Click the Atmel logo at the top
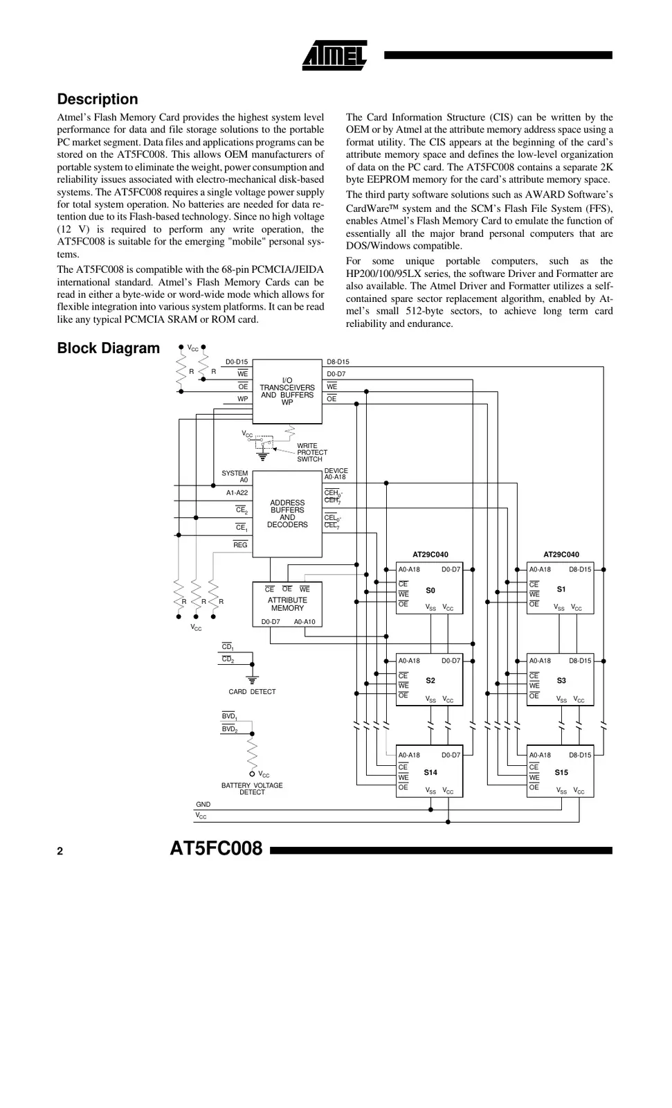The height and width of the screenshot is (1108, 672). click(x=334, y=55)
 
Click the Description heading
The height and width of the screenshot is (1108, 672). click(x=97, y=99)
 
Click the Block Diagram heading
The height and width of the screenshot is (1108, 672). click(x=108, y=348)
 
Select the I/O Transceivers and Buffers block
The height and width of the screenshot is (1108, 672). click(x=287, y=391)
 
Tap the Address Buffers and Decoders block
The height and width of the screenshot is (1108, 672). click(x=287, y=514)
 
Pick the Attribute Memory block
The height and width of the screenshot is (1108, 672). click(x=287, y=604)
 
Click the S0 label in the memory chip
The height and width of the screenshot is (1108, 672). click(x=430, y=591)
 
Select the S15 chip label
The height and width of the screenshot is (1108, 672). click(x=561, y=772)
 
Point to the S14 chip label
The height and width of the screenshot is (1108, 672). click(x=430, y=772)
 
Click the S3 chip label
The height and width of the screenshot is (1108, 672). click(x=561, y=681)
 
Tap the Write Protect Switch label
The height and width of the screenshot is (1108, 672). click(x=311, y=452)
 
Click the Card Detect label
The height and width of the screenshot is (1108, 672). click(x=252, y=692)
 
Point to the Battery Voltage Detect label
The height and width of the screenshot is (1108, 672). click(x=252, y=789)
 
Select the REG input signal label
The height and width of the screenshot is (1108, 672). click(x=240, y=545)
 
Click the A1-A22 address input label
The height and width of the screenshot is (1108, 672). click(x=237, y=493)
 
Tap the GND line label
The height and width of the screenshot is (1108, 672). click(x=203, y=805)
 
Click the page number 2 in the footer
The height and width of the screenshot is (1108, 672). click(x=60, y=851)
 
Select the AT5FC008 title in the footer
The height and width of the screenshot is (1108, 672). click(x=216, y=848)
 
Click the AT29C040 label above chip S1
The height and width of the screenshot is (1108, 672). click(x=561, y=555)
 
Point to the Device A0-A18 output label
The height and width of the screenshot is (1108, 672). click(x=336, y=474)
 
